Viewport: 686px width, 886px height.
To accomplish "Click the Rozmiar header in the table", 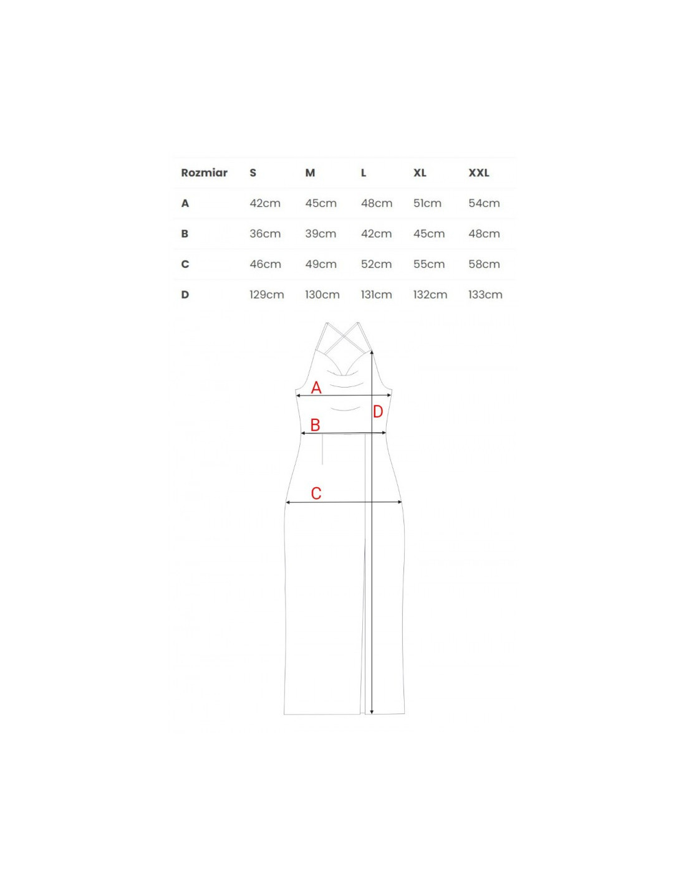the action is [204, 173].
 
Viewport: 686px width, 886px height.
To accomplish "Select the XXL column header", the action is [479, 173].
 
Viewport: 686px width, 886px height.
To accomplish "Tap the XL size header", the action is [420, 173].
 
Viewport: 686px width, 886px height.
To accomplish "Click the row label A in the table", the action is [185, 203].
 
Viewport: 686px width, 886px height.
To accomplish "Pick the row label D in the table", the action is [185, 294].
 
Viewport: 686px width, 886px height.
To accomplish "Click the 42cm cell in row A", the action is [265, 203].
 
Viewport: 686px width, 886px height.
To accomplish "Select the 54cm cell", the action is [484, 203].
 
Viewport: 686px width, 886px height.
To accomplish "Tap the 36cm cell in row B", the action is [265, 234].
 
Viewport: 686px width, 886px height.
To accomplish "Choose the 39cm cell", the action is [321, 234].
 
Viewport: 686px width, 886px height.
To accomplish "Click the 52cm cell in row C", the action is [376, 264].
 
